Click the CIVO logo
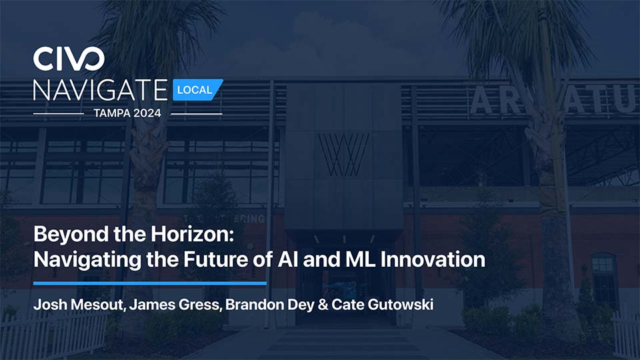[69, 59]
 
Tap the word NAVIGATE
[101, 90]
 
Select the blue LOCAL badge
[197, 90]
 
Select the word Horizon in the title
[193, 234]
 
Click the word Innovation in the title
[433, 259]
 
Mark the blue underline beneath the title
[150, 283]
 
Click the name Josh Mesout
[79, 305]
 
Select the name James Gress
[175, 305]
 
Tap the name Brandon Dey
[269, 305]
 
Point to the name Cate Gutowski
[383, 305]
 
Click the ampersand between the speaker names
[323, 305]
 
